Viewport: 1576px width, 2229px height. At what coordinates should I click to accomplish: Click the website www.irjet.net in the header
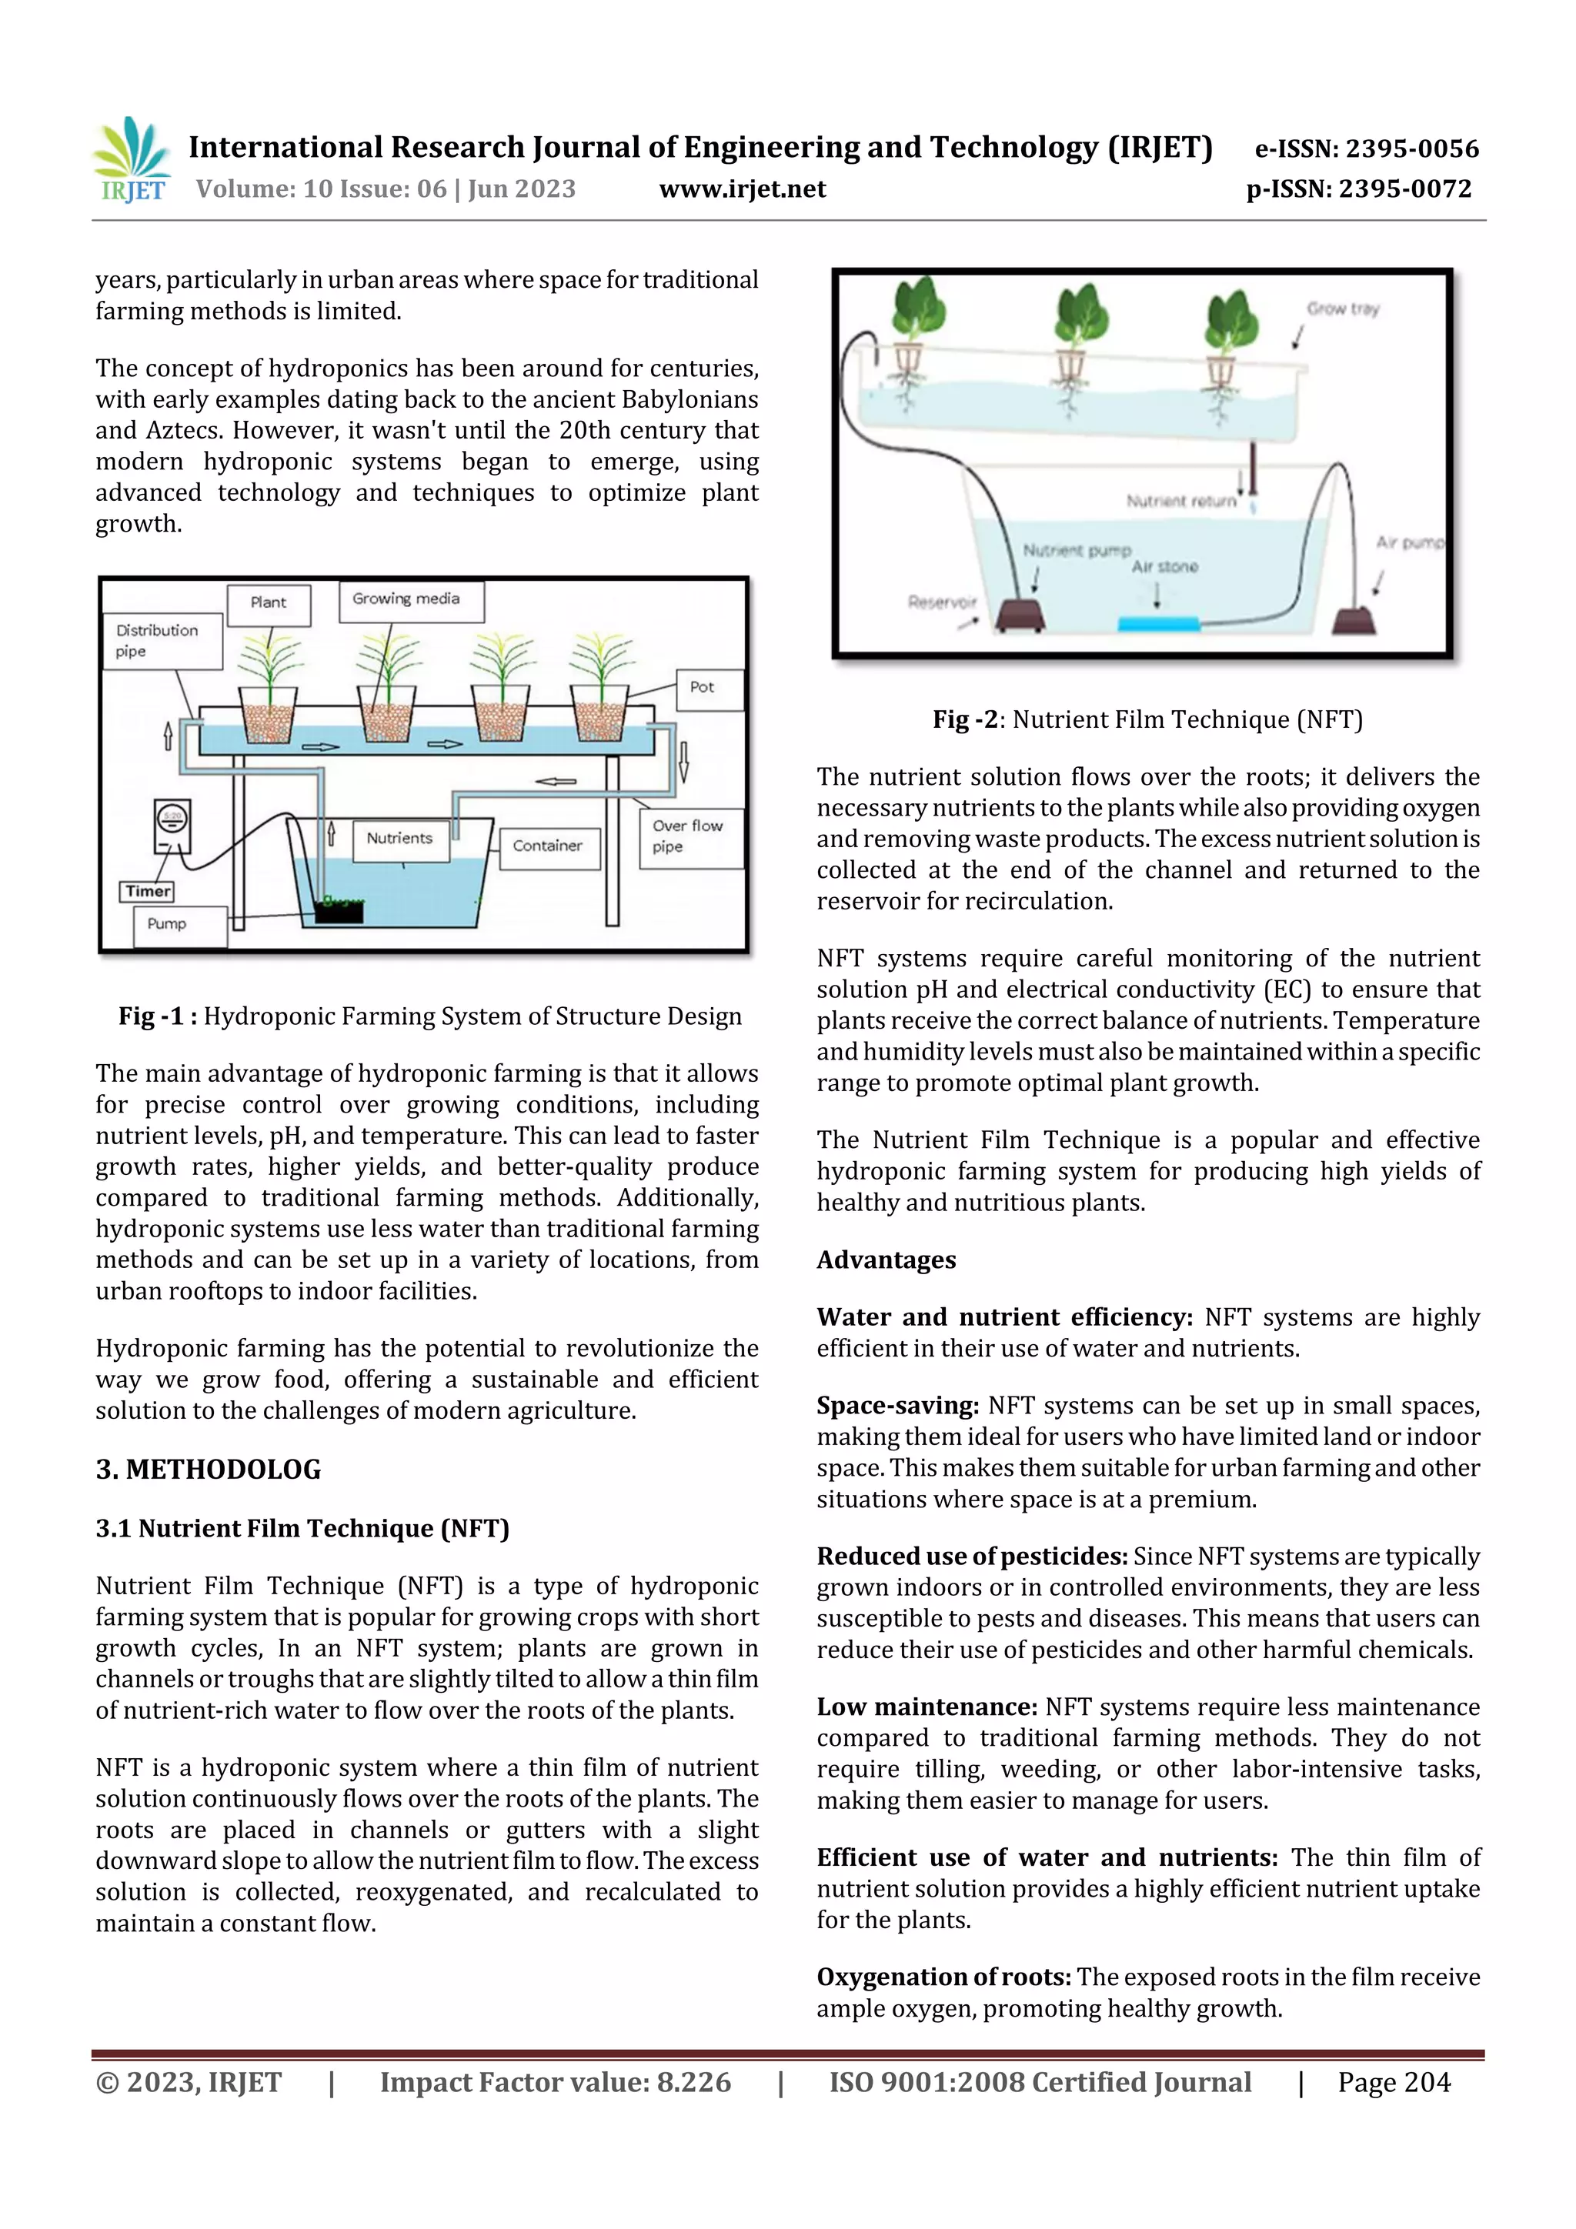pos(742,189)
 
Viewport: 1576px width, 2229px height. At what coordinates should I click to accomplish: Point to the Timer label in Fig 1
pos(148,891)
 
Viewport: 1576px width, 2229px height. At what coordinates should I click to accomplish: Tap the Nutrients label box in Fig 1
pos(400,838)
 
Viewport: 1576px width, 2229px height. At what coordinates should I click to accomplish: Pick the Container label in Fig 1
pos(549,846)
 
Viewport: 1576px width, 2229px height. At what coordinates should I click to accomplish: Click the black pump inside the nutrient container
pos(339,909)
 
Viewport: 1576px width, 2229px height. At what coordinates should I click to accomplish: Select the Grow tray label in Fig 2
pos(1342,309)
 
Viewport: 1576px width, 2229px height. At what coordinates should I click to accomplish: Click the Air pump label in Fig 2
pos(1409,542)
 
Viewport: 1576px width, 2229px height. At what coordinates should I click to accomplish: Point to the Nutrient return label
pos(1180,501)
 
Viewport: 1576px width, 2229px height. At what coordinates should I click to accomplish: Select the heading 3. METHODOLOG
pos(208,1469)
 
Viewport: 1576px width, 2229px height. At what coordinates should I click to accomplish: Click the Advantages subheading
pos(886,1260)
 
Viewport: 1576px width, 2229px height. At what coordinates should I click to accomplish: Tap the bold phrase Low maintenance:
pos(927,1706)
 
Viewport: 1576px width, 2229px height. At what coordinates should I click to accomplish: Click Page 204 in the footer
pos(1394,2081)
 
